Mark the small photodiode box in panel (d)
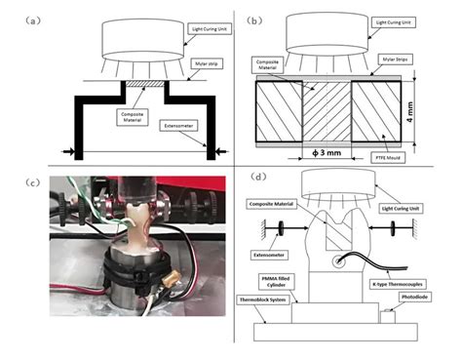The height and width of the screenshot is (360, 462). [x=394, y=315]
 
